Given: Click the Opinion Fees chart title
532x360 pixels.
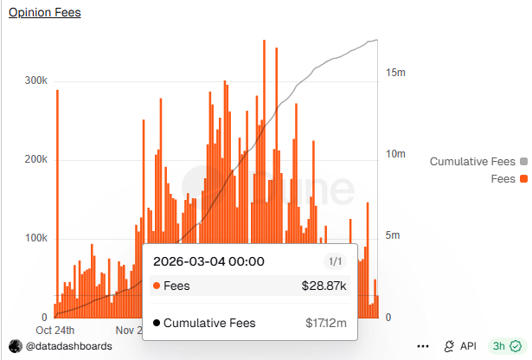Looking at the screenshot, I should click(44, 13).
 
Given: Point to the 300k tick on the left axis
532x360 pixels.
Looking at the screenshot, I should click(35, 80).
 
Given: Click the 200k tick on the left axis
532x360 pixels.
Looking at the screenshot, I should click(35, 160).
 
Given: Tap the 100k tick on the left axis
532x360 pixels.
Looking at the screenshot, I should click(35, 239).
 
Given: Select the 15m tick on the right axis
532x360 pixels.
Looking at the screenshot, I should click(395, 74).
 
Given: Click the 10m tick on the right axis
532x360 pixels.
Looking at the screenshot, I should click(395, 154).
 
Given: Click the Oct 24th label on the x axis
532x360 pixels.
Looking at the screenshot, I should click(55, 330).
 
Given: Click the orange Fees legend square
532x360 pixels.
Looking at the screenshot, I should click(523, 179).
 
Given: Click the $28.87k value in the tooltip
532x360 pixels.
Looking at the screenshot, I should click(324, 286).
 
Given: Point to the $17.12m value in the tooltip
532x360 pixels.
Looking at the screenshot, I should click(326, 323).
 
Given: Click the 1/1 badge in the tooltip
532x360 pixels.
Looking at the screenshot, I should click(335, 261).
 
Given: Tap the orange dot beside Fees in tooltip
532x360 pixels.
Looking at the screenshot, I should click(156, 286).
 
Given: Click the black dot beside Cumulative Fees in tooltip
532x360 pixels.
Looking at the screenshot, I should click(156, 323).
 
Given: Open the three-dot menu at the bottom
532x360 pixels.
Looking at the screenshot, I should click(423, 346).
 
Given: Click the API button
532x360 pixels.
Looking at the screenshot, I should click(460, 346).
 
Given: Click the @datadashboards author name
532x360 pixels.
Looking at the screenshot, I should click(67, 346).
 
